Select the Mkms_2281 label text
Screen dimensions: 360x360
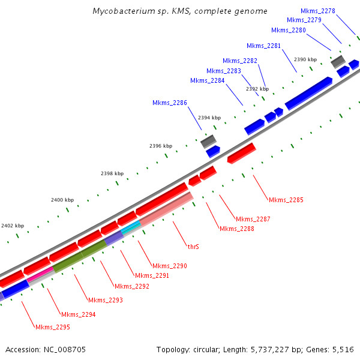click(x=263, y=46)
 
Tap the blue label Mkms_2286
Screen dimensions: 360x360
click(x=170, y=103)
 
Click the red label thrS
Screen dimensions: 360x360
click(x=193, y=247)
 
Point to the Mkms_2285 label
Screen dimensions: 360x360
click(x=286, y=200)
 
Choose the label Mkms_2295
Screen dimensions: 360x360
click(x=53, y=327)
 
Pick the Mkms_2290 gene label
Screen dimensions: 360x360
click(x=170, y=266)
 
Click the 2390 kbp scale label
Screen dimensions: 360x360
click(x=305, y=59)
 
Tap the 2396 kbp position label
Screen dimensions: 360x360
click(x=161, y=146)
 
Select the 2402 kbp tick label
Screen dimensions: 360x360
click(x=13, y=226)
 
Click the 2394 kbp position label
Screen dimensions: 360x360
click(x=209, y=118)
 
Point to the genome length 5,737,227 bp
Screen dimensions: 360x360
click(x=271, y=349)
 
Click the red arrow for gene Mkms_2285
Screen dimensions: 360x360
click(x=242, y=153)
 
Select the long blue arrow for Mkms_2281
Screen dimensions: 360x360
click(x=308, y=93)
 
